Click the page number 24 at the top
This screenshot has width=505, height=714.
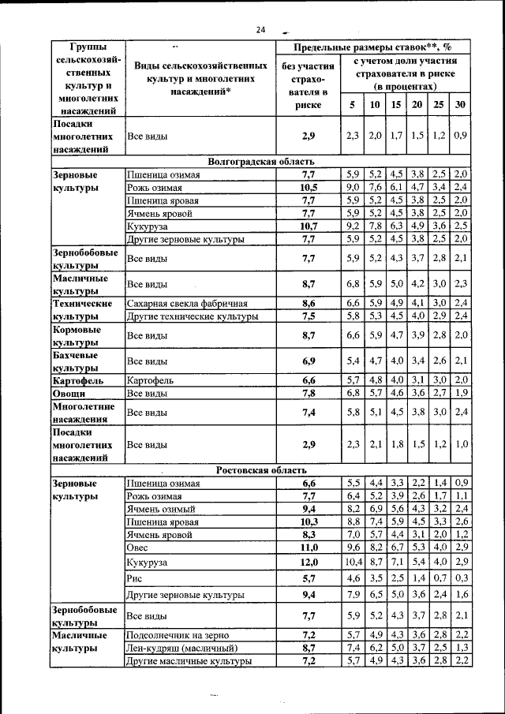(x=260, y=30)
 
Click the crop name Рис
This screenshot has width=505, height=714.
(x=133, y=578)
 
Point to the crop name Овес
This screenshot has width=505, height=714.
(x=137, y=547)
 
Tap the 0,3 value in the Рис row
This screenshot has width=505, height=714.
(x=461, y=578)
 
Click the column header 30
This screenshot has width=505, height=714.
(x=461, y=104)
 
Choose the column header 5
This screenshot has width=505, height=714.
(x=352, y=104)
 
